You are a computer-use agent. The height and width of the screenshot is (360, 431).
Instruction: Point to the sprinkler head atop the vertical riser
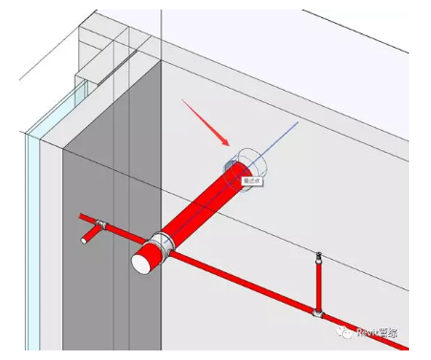pyautogui.click(x=318, y=256)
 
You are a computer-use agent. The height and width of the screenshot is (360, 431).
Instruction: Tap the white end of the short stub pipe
pyautogui.click(x=83, y=242)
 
